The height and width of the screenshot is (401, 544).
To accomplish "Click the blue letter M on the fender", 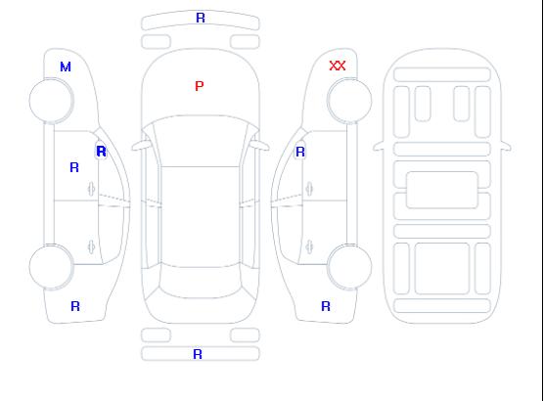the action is click(x=66, y=67).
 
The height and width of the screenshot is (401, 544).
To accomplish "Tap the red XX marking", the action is click(x=338, y=66).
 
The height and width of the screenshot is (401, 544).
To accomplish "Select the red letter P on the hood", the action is click(x=200, y=86).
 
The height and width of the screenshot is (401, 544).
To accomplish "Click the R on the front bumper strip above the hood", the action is click(x=201, y=18).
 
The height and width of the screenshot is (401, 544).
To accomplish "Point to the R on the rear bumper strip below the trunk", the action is click(x=198, y=354).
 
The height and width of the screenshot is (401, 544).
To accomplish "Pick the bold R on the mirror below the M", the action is click(x=101, y=152).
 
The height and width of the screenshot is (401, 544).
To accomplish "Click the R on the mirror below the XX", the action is click(x=300, y=152).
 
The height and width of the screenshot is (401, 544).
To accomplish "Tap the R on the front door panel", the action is click(x=74, y=167).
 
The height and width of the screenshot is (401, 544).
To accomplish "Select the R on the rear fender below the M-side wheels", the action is click(x=75, y=306).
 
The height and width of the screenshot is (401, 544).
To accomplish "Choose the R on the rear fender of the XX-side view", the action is click(x=326, y=306).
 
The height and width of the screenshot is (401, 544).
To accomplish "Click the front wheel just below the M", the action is click(x=51, y=101).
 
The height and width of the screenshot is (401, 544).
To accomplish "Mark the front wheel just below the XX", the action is click(x=349, y=101).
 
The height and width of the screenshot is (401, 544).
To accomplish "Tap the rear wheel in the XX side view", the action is click(x=349, y=267).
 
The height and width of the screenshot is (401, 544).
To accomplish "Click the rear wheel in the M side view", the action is click(x=51, y=267).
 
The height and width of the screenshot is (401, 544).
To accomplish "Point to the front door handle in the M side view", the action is click(x=91, y=189).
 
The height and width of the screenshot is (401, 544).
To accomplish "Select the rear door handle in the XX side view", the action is click(x=309, y=246).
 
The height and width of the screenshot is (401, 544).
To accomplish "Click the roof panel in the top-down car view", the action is click(x=201, y=217).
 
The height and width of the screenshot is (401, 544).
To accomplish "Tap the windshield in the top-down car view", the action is click(x=201, y=141).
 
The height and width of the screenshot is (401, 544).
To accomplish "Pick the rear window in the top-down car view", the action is click(x=201, y=282).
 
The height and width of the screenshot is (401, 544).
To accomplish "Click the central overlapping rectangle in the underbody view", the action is click(x=442, y=190).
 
